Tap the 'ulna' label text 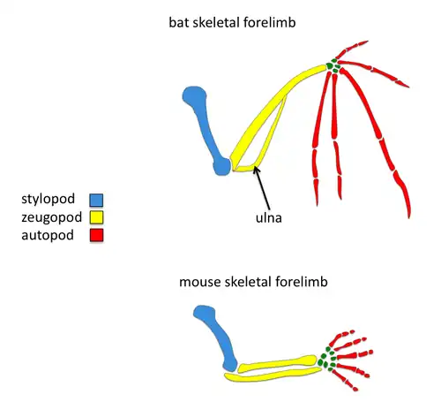point(267,212)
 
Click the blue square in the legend point(96,201)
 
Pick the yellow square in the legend point(96,217)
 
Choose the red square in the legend point(96,235)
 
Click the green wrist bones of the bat point(333,65)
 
